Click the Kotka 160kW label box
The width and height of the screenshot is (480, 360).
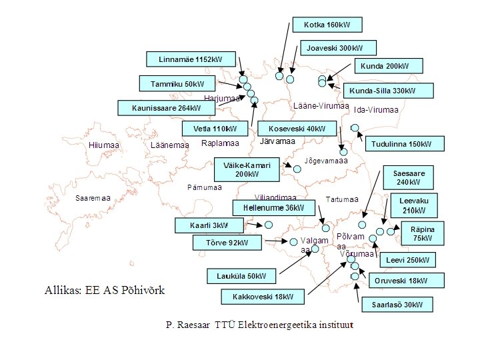click(327, 25)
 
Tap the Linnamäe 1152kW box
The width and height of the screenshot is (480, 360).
click(191, 59)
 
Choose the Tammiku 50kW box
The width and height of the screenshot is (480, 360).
click(177, 83)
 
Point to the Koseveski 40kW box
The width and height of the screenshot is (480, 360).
click(297, 128)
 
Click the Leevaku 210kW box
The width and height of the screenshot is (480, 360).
click(414, 205)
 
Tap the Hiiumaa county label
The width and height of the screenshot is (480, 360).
click(103, 145)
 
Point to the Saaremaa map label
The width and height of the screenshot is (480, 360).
click(93, 198)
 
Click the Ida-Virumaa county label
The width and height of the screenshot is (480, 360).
click(376, 110)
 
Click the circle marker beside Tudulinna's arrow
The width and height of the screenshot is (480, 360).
click(355, 127)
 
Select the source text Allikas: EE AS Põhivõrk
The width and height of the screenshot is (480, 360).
click(104, 290)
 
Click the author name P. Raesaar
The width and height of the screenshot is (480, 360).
click(188, 325)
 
